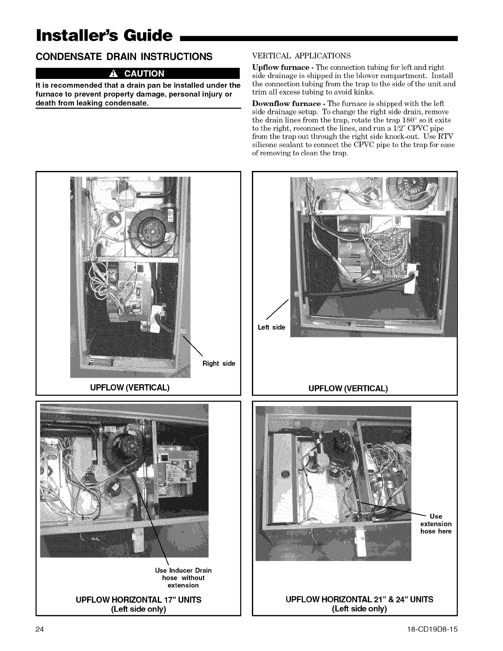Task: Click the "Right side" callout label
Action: point(219,363)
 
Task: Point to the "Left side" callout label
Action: point(271,327)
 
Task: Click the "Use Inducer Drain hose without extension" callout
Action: point(183,577)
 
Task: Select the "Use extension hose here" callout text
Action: point(436,524)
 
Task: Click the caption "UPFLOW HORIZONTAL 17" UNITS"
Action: point(138,600)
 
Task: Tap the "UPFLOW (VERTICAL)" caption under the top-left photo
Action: point(138,388)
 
